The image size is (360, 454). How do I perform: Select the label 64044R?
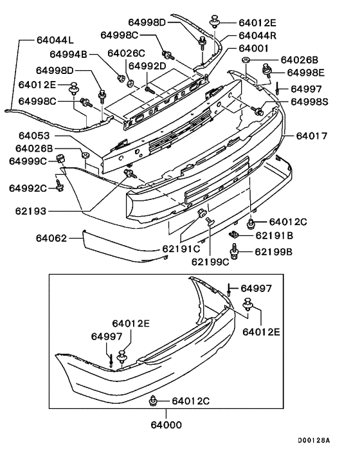pos(258,35)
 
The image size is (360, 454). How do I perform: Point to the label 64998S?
pos(309,102)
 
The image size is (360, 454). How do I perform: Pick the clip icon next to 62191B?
pos(235,236)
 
